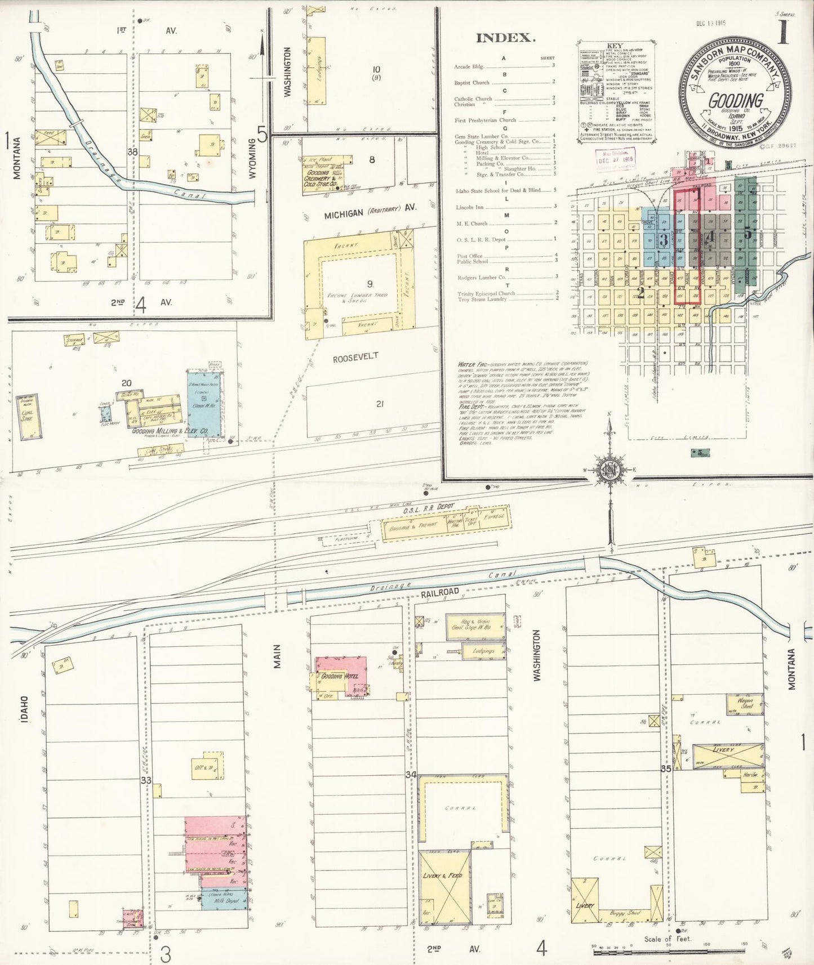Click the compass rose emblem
[609, 471]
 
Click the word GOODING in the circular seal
[735, 101]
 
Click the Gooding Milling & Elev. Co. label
[170, 431]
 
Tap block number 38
[133, 152]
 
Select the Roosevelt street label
[355, 358]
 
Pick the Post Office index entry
[470, 256]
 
